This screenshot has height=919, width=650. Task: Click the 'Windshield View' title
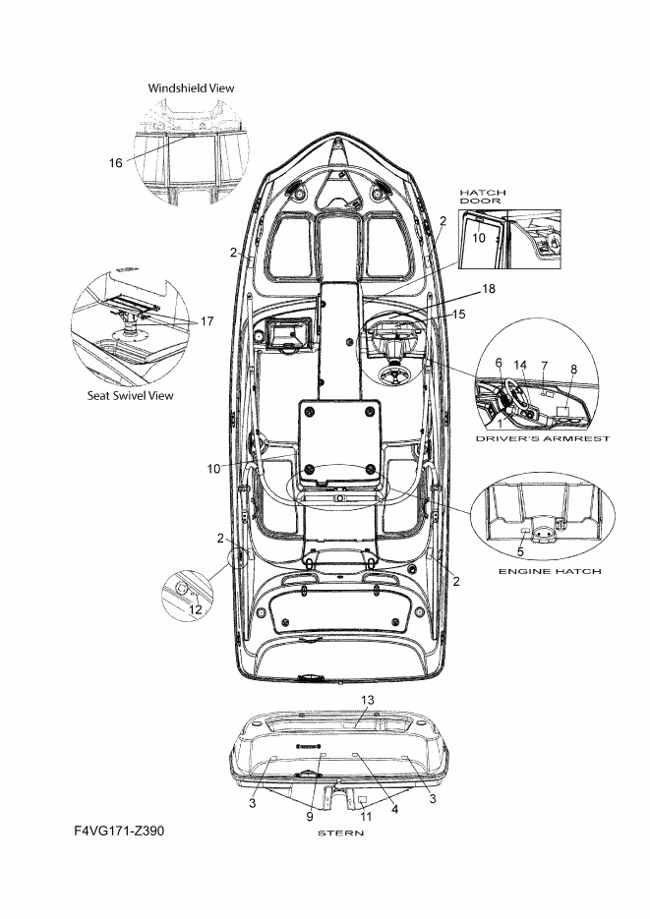pos(191,88)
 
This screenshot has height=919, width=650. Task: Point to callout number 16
pos(116,163)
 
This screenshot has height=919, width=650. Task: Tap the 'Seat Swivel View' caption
pos(131,396)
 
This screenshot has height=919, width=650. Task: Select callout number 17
pos(207,321)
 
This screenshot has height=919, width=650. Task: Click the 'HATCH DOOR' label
pos(483,197)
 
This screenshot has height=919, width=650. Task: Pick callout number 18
pos(488,289)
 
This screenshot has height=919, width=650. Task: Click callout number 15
pos(459,315)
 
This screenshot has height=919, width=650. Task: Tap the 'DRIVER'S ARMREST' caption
pos(543,438)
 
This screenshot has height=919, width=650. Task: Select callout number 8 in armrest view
pos(574,370)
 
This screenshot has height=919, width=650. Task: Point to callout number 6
pos(499,363)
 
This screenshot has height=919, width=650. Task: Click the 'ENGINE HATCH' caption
pos(550,571)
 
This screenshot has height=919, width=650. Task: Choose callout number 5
pos(520,551)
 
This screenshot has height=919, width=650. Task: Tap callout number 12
pos(196,609)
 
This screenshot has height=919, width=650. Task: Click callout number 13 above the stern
pos(367,700)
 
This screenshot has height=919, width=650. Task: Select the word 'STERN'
pos(340,833)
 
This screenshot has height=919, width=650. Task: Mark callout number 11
pos(366,817)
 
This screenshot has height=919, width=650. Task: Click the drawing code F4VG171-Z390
pos(120,831)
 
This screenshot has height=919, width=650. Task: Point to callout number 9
pos(310,817)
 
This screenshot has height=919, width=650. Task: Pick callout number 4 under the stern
pos(394,809)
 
